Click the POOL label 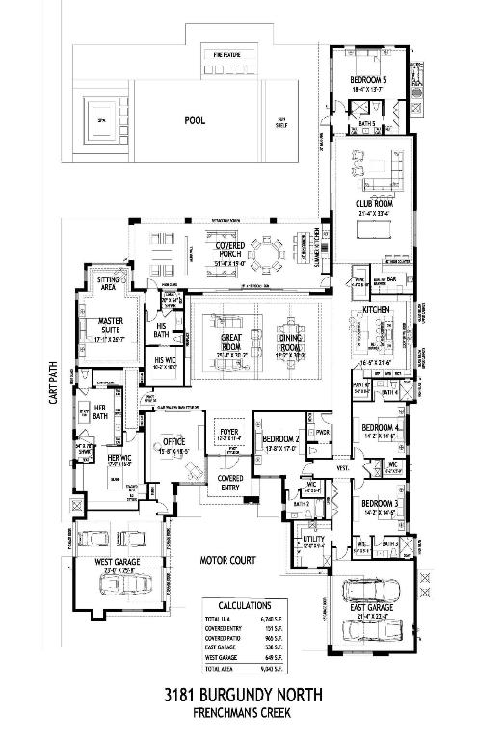[x=197, y=121]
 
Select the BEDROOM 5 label [x=367, y=80]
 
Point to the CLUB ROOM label [x=372, y=203]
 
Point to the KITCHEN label [x=375, y=310]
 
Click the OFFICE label [x=174, y=442]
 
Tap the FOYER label [x=229, y=433]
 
